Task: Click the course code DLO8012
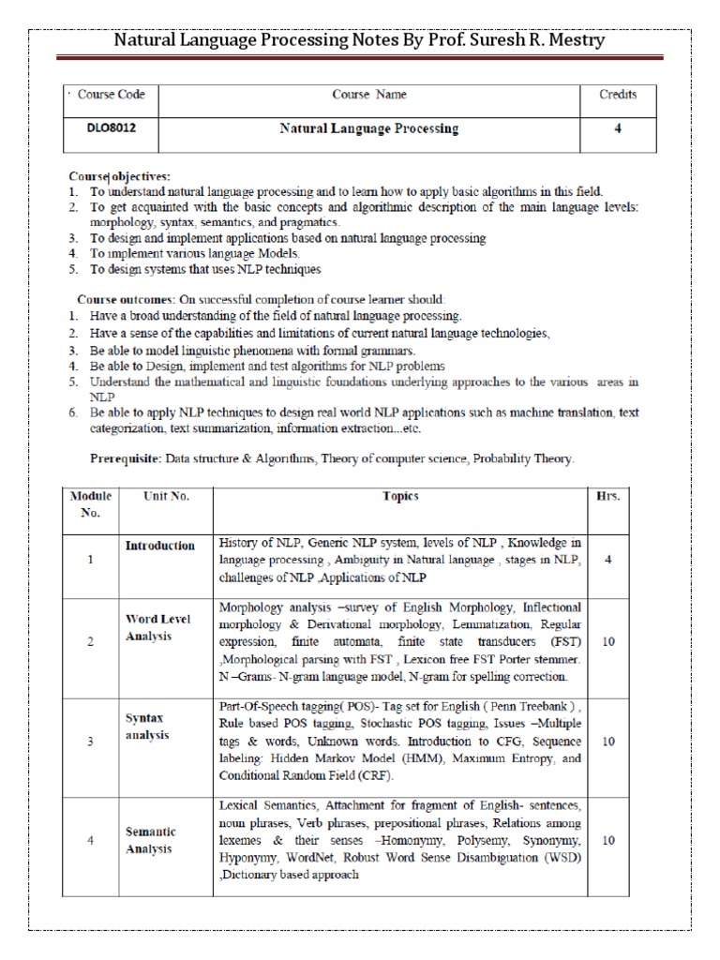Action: point(97,129)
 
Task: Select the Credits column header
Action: point(618,95)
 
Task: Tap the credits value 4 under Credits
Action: point(618,129)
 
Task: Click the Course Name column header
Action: point(369,95)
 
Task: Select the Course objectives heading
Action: point(120,176)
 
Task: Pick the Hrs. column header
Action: point(608,496)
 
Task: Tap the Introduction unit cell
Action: point(160,546)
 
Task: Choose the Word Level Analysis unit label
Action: point(158,627)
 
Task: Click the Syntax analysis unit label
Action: point(149,726)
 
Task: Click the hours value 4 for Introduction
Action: point(608,559)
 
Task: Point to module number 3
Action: point(90,741)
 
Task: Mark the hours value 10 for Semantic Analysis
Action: point(608,840)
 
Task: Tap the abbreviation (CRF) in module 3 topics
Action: point(371,775)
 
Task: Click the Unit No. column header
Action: point(166,496)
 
